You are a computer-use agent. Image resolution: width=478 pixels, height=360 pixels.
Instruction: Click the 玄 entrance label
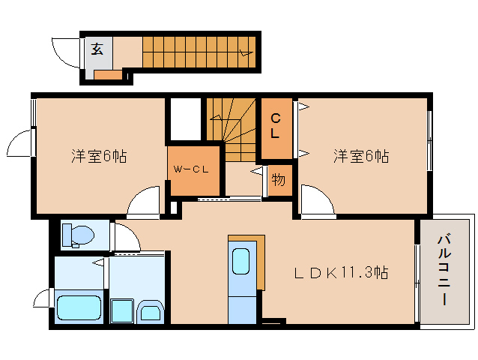(97, 50)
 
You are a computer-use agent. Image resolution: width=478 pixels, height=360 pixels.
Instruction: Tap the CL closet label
(275, 126)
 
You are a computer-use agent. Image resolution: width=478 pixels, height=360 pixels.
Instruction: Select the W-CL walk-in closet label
(190, 169)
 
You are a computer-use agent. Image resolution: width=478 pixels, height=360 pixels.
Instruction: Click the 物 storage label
(278, 180)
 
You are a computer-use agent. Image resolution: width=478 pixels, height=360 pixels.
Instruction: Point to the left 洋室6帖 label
(98, 156)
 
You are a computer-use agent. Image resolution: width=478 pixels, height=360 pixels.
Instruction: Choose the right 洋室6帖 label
(361, 156)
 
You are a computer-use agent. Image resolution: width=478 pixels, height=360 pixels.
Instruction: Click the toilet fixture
(76, 235)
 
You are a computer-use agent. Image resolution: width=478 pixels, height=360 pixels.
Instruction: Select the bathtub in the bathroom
(79, 307)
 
